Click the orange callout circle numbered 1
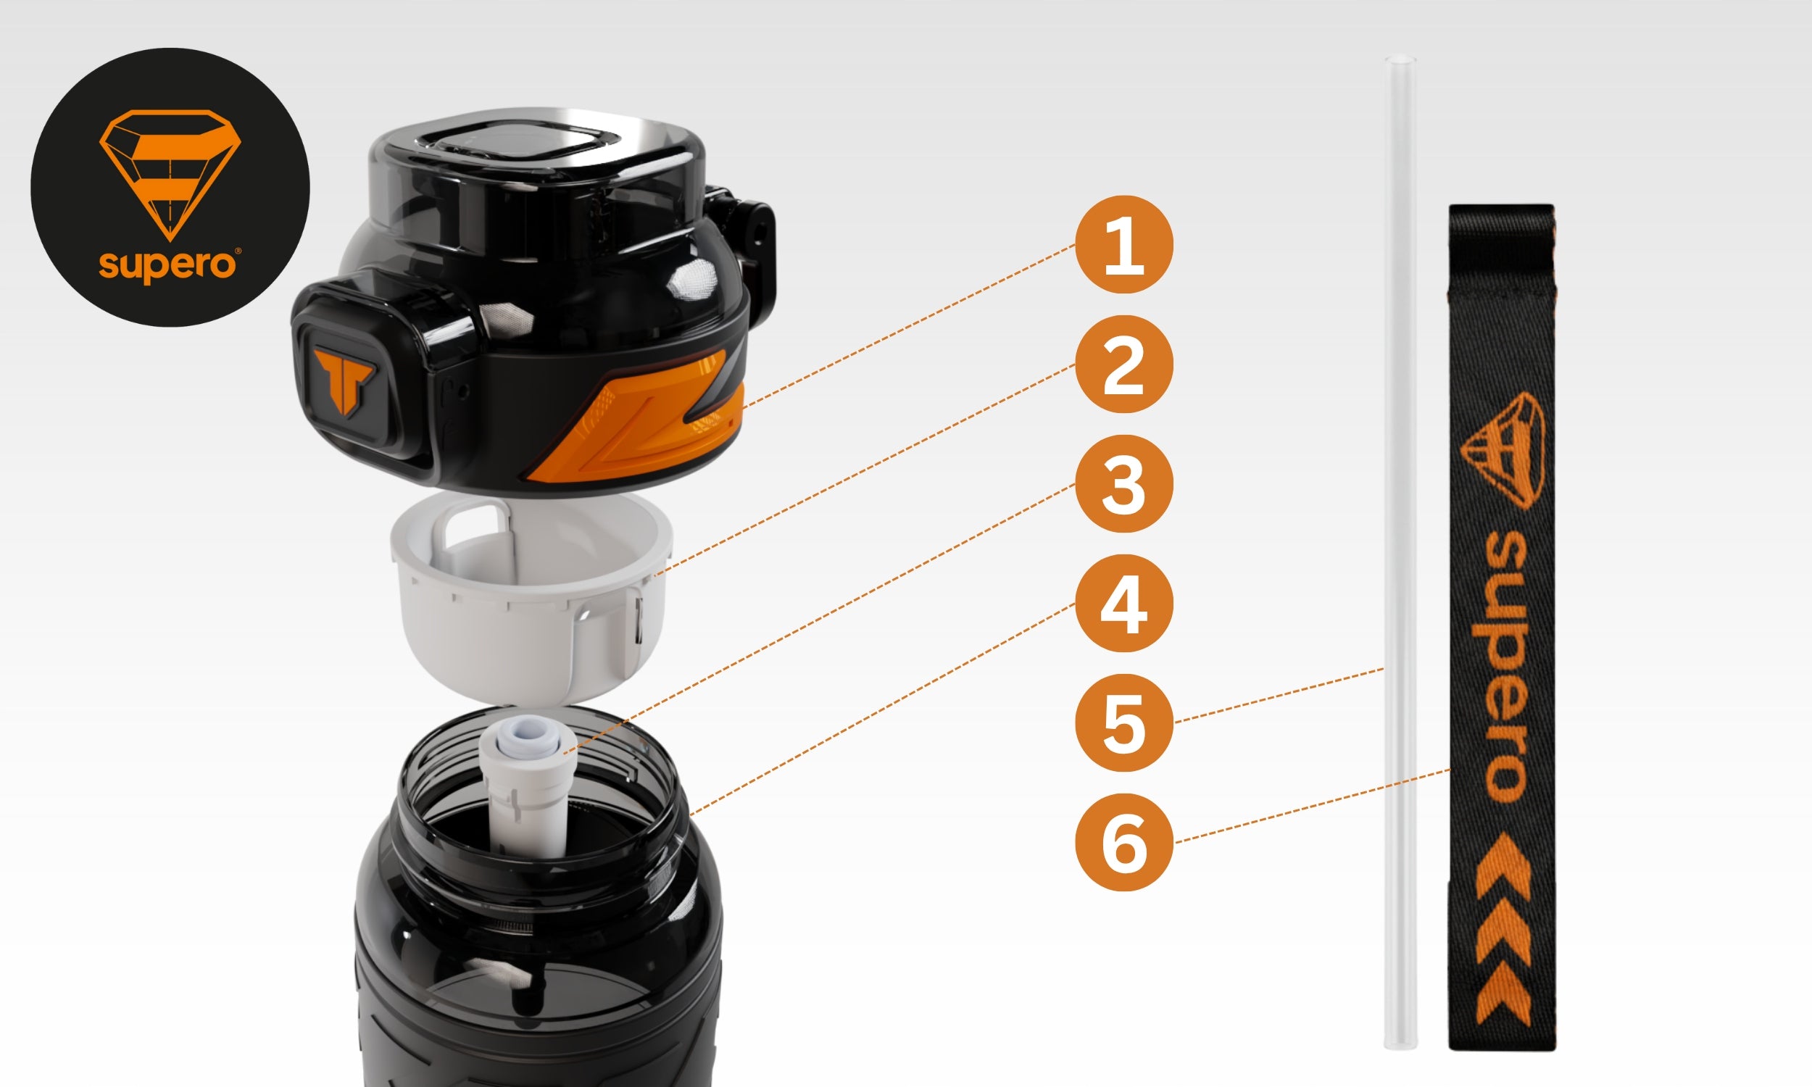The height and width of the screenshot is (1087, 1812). click(1123, 244)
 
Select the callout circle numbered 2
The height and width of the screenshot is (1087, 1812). click(1123, 364)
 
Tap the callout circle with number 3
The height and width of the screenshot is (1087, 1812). click(1123, 483)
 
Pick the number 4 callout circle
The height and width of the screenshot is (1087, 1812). click(1123, 604)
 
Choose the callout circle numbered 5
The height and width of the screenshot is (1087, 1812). click(1123, 723)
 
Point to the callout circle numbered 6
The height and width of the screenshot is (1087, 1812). click(1123, 842)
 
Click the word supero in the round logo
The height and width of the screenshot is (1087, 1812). click(167, 265)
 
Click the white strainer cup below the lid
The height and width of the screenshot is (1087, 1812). click(532, 597)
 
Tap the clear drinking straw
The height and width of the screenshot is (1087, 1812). click(1400, 553)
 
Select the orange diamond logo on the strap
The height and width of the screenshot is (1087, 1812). click(1505, 450)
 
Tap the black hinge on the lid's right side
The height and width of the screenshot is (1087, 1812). click(741, 227)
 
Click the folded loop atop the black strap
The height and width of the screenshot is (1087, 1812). click(1502, 249)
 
